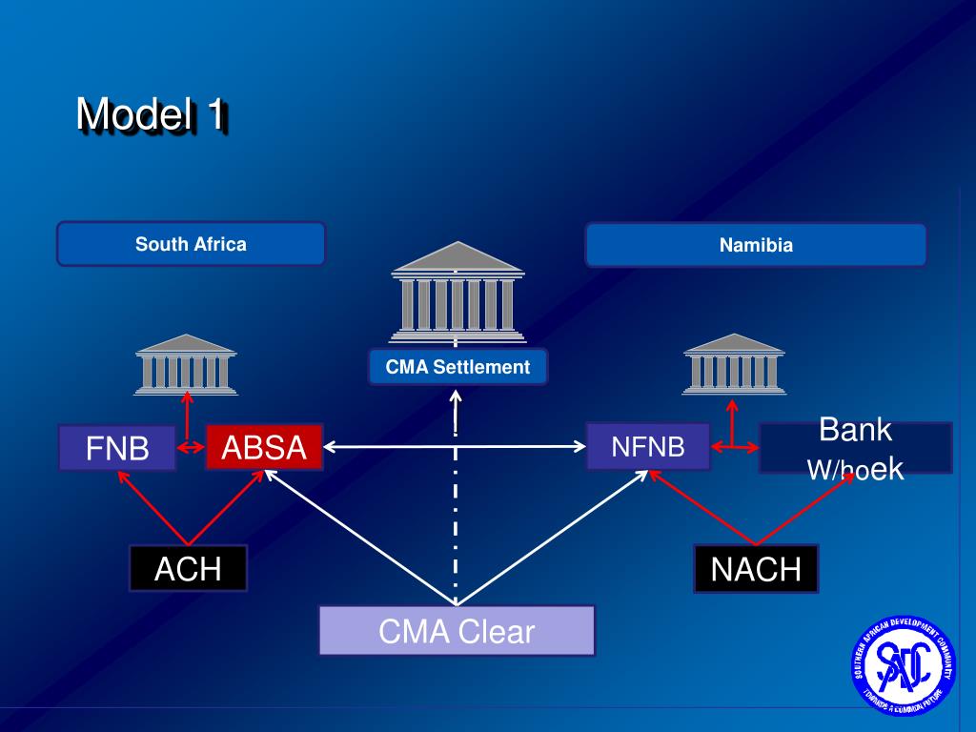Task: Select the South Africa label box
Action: click(191, 244)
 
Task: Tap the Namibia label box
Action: click(756, 245)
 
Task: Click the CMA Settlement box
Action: click(457, 367)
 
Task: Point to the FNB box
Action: click(117, 448)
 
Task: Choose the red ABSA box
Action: click(264, 447)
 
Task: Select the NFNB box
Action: click(648, 446)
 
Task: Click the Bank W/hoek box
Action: click(855, 448)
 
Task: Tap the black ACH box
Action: click(188, 569)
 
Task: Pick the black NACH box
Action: click(756, 569)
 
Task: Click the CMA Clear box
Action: click(457, 631)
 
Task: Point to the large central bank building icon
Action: click(457, 292)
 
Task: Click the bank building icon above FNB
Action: click(186, 363)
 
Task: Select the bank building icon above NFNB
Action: click(734, 363)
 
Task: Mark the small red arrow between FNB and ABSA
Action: click(192, 447)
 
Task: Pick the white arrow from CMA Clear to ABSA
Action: click(362, 539)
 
